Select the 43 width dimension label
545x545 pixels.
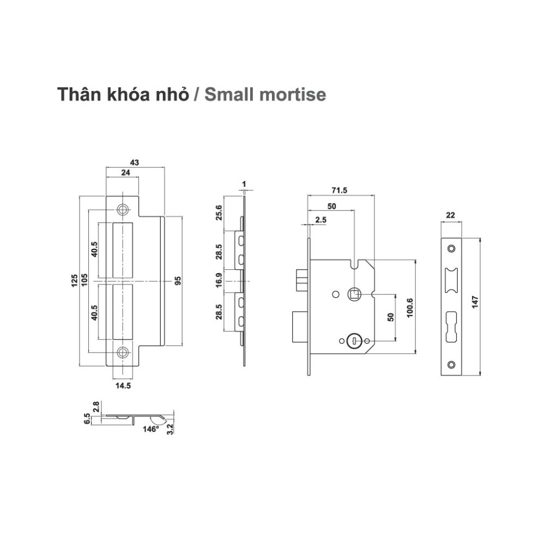135,162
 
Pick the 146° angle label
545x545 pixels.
150,429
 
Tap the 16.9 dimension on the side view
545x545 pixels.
219,281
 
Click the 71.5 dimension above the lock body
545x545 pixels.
340,190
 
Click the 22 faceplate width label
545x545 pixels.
451,215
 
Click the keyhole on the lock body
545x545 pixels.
353,341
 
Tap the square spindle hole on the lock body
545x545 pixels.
354,294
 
